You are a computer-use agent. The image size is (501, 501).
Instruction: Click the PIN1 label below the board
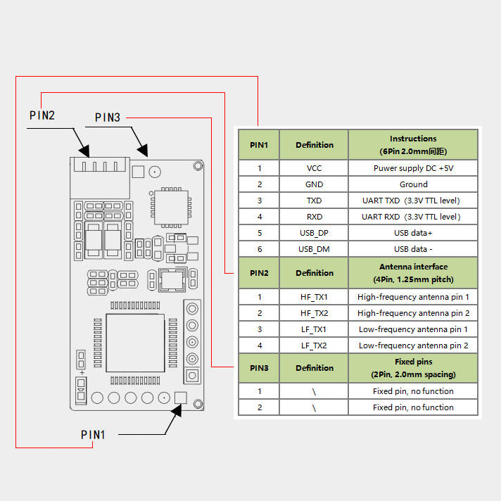[x=93, y=435]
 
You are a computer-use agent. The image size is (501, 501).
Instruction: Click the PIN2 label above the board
[x=42, y=115]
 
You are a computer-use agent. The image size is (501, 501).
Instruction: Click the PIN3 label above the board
[x=108, y=118]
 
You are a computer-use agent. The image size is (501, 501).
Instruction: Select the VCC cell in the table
[x=314, y=168]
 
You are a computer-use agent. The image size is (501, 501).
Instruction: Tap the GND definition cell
[x=314, y=184]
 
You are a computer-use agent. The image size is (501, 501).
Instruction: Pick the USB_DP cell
[x=314, y=233]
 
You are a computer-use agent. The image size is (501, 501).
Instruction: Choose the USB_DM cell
[x=314, y=249]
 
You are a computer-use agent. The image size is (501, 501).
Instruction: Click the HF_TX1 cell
[x=314, y=297]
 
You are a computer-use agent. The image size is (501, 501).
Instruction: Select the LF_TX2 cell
[x=314, y=345]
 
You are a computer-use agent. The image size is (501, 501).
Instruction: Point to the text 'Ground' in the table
[x=413, y=184]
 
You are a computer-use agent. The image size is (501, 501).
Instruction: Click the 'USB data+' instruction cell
[x=413, y=233]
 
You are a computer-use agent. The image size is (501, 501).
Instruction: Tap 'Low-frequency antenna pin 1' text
[x=413, y=329]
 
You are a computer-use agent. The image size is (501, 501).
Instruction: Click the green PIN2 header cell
[x=259, y=273]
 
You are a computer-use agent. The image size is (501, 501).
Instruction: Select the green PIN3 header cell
[x=259, y=368]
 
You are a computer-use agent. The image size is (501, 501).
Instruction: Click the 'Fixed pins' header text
[x=414, y=362]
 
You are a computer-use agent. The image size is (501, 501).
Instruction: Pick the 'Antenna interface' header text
[x=414, y=267]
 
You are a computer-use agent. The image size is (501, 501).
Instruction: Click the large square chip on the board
[x=135, y=343]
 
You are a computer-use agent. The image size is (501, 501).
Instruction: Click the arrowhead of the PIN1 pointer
[x=177, y=410]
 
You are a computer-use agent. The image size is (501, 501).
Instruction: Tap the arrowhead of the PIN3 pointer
[x=143, y=150]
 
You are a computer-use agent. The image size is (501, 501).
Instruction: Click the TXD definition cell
[x=314, y=201]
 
